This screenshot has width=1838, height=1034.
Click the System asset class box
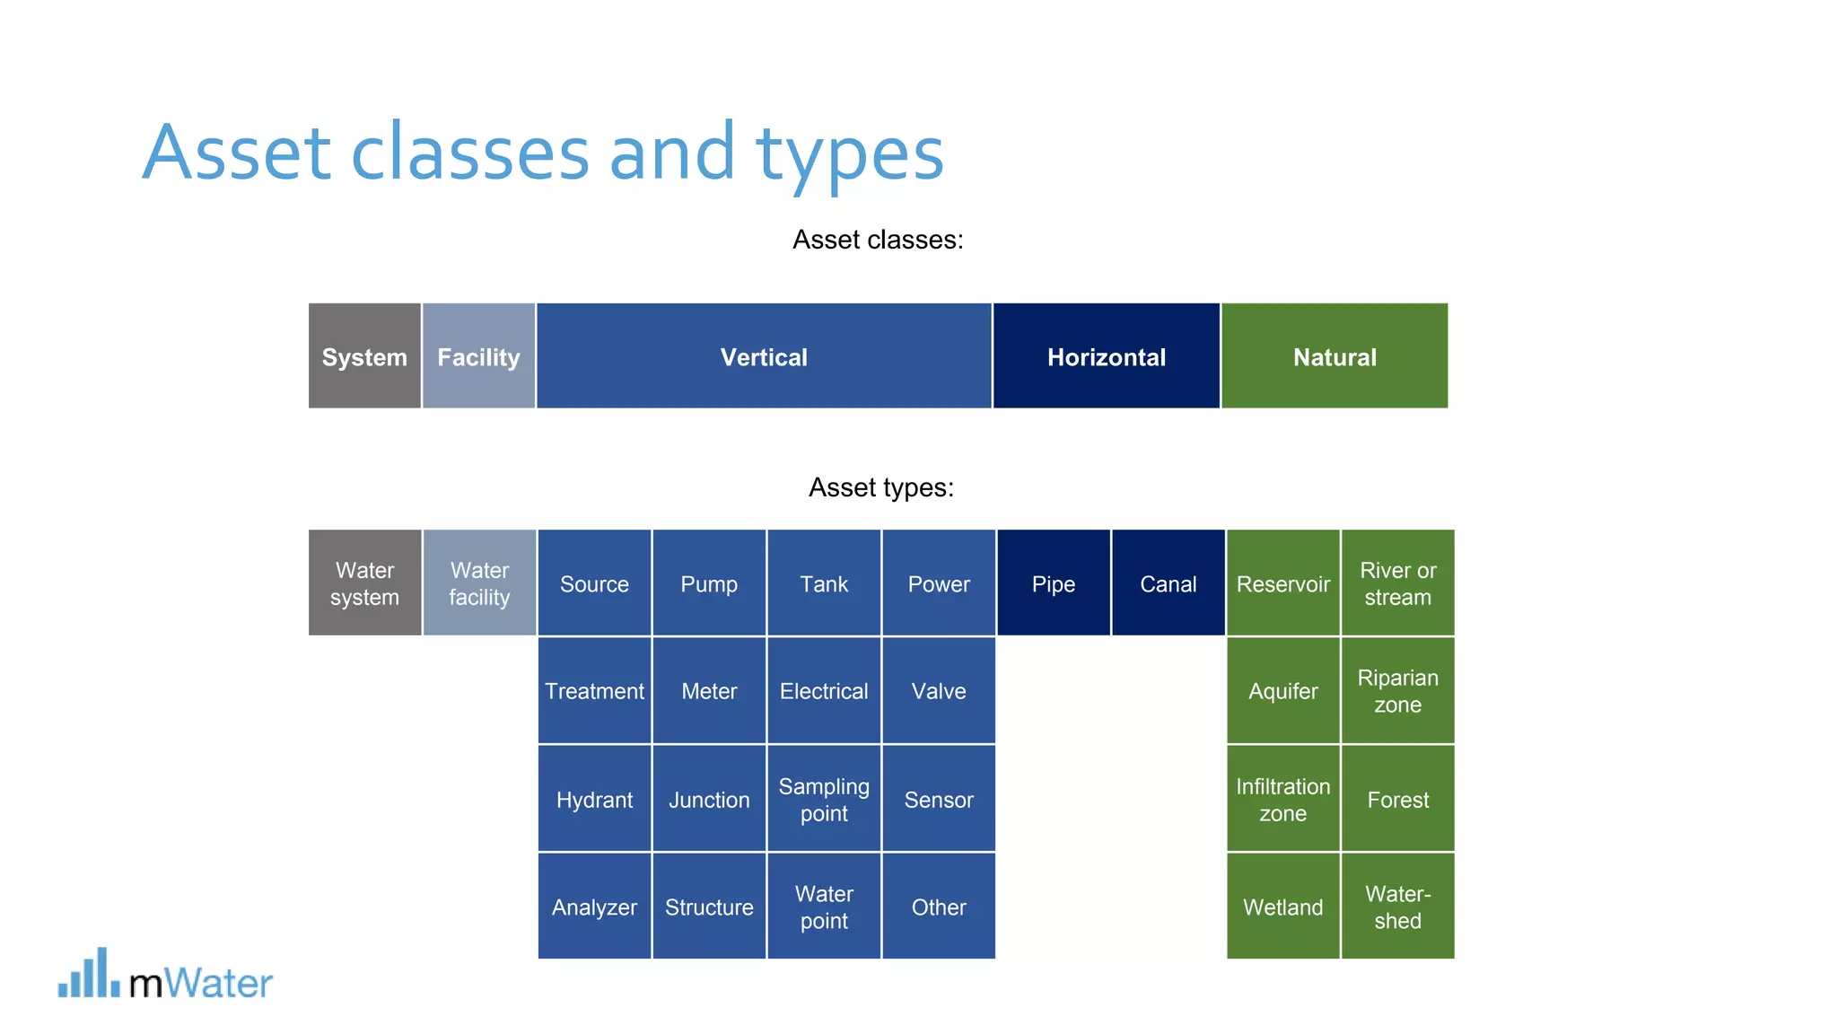tap(364, 356)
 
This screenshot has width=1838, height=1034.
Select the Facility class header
tap(478, 356)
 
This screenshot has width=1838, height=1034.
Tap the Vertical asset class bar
tap(764, 356)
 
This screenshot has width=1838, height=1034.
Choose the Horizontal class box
tap(1106, 356)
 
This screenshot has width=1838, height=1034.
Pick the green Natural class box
tap(1335, 356)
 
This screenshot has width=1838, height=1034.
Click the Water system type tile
tap(364, 583)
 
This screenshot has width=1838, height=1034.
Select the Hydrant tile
tap(594, 799)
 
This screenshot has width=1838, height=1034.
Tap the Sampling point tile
tap(824, 799)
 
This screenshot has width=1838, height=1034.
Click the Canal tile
tap(1168, 583)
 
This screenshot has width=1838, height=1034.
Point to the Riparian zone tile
tap(1397, 691)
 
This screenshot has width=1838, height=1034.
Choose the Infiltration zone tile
tap(1282, 799)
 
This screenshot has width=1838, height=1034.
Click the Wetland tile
tap(1282, 907)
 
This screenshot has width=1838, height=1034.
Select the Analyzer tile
tap(594, 907)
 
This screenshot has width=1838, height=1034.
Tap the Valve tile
tap(939, 691)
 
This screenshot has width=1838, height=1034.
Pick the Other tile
tap(939, 907)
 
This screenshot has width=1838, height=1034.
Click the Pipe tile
tap(1053, 583)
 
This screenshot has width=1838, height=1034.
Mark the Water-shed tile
tap(1397, 907)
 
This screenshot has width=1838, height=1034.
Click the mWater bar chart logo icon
tap(89, 974)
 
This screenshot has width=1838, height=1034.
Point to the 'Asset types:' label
tap(880, 487)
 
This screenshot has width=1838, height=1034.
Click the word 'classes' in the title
tap(469, 153)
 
